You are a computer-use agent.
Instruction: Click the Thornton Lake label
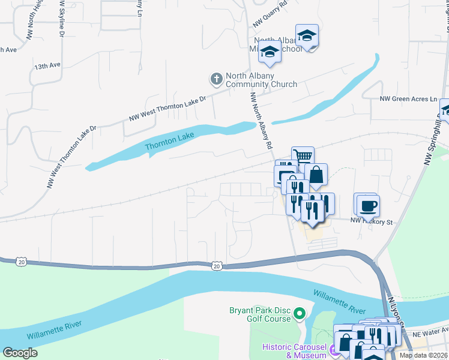click(x=170, y=142)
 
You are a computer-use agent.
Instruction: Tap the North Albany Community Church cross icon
click(x=216, y=79)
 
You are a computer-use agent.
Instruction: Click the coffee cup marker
click(x=367, y=205)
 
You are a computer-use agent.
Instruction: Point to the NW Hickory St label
click(x=371, y=222)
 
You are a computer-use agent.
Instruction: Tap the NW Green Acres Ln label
click(x=409, y=99)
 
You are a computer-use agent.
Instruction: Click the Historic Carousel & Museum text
click(x=293, y=352)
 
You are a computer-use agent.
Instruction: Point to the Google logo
click(x=20, y=353)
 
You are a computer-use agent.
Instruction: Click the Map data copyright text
click(x=423, y=355)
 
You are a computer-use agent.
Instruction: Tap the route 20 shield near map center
click(x=217, y=265)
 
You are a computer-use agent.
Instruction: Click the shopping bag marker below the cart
click(x=316, y=175)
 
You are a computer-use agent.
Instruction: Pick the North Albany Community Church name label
click(x=261, y=80)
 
